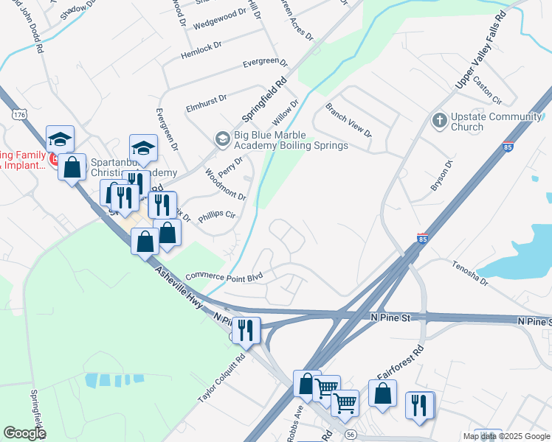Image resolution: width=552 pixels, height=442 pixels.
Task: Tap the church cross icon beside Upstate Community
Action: point(439,119)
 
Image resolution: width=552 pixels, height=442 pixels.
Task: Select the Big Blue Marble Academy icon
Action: point(221,138)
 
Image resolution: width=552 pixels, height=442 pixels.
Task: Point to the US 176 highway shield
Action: point(19,116)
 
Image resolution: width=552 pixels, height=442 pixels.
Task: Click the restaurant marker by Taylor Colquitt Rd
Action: point(246,329)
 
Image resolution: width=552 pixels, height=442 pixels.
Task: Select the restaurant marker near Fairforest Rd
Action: point(418,405)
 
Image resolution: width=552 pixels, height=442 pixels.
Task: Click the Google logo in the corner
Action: point(24,433)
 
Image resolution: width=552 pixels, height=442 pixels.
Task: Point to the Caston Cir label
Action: point(487,90)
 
